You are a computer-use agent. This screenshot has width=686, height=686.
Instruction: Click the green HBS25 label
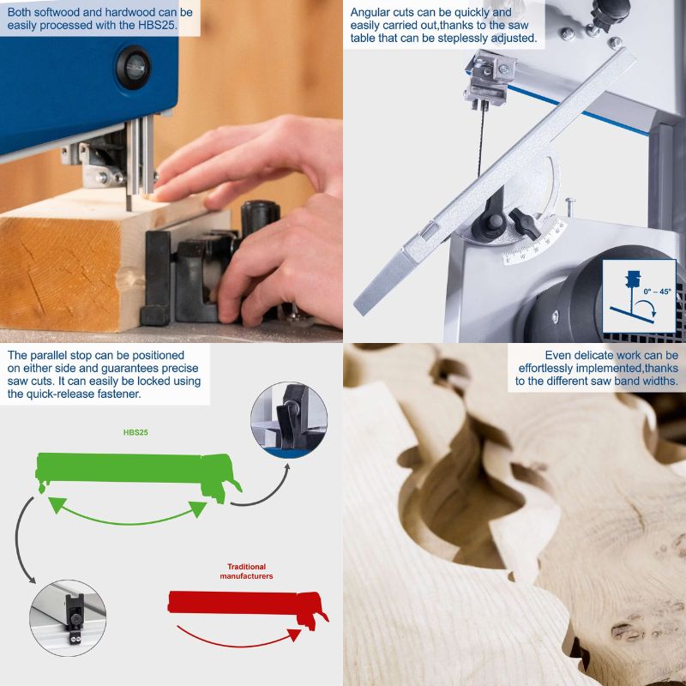coord(135,432)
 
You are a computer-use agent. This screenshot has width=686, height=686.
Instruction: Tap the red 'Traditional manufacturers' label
coord(246,571)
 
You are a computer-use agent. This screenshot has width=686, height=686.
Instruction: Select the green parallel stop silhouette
coord(138,475)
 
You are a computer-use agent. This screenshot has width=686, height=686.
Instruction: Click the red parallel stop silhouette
coord(247,606)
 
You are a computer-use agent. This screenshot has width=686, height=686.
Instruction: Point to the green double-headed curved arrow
coord(127,522)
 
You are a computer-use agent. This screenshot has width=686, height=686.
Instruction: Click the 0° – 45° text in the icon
coord(657,292)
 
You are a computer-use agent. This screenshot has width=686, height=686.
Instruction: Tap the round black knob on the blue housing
coord(134,68)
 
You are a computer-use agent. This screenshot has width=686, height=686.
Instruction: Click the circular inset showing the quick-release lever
coord(289,420)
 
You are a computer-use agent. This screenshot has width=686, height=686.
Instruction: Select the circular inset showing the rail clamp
coord(68,618)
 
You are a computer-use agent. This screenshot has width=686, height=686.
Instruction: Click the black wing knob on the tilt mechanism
coord(525,224)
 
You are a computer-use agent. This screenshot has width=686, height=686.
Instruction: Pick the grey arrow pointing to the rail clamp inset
coord(18,540)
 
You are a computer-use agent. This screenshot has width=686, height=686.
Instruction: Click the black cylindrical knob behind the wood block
coord(261,218)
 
